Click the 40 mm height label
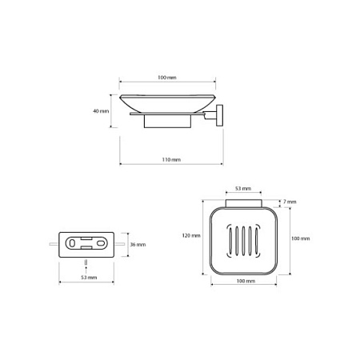pos(101,111)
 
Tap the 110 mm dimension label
pos(171,160)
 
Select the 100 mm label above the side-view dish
pos(167,78)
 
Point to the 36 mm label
pos(138,245)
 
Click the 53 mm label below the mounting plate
pos(89,278)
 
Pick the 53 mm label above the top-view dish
pos(243,189)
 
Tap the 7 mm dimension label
pos(290,202)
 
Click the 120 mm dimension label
pos(191,236)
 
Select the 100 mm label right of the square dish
pos(301,238)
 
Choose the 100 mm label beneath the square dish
pos(246,281)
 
